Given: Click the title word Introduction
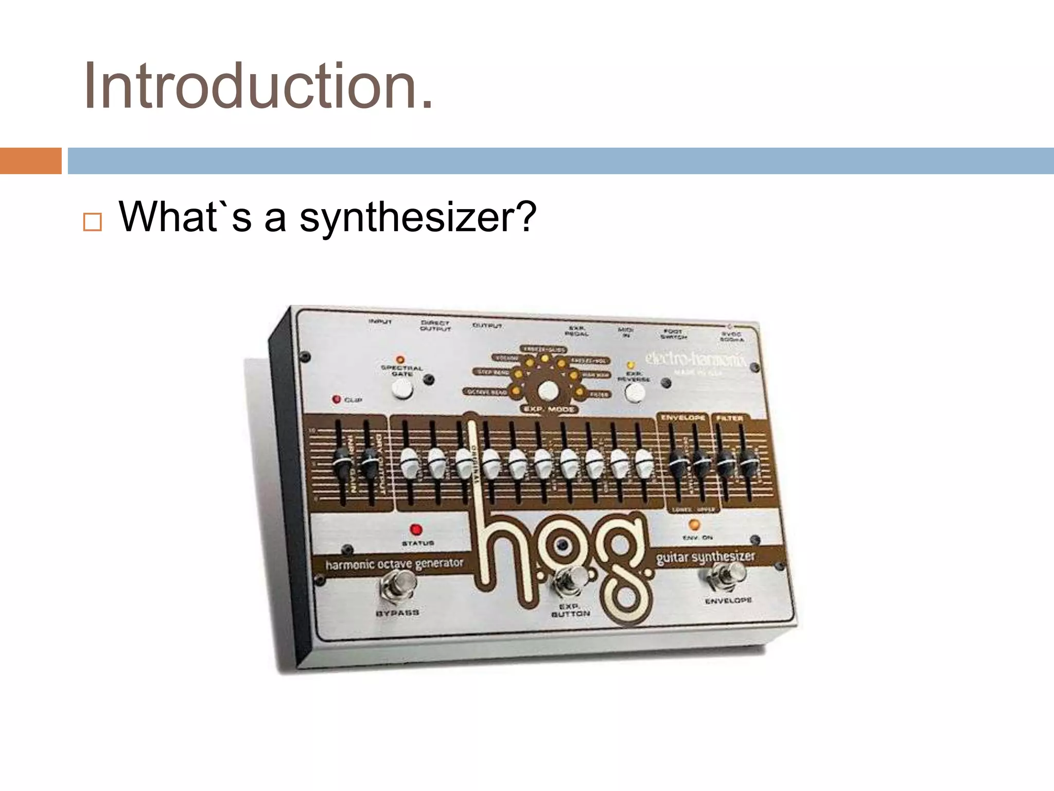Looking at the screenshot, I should click(257, 86).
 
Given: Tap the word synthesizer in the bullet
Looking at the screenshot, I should click(418, 217).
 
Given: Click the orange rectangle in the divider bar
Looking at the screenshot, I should click(30, 161).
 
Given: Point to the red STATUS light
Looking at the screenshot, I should click(416, 530).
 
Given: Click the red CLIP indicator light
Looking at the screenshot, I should click(337, 399).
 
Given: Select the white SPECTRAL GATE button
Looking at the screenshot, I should click(402, 390).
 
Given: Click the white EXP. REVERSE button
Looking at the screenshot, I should click(635, 393).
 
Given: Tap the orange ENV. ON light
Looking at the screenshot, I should click(694, 525).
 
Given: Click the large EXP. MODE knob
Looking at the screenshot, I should click(548, 392).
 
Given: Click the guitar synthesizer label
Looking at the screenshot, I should click(705, 557).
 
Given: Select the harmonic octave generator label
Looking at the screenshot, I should click(394, 564).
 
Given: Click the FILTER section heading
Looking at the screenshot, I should click(729, 418).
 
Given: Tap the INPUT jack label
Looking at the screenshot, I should click(380, 321).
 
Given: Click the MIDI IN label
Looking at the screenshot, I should click(626, 332).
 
